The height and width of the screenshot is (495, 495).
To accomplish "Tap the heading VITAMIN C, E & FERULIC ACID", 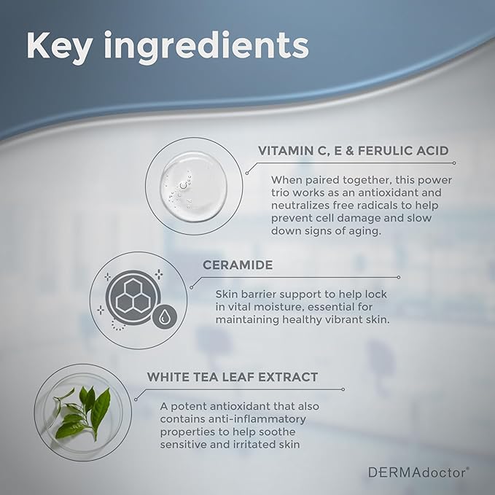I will pos(353,150).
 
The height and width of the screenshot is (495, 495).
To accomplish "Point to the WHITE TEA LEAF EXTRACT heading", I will pos(233,377).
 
